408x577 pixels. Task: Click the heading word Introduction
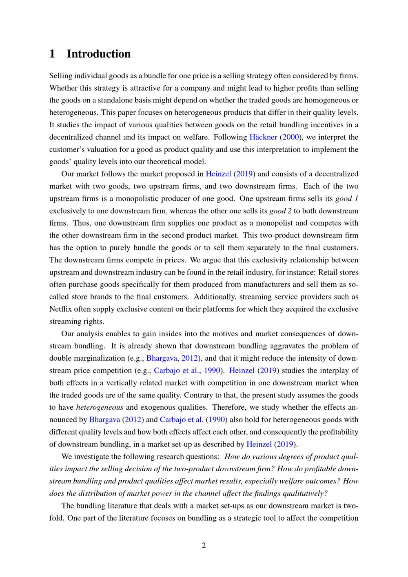point(99,54)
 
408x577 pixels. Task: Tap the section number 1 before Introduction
point(52,54)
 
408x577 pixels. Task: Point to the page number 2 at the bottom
point(204,545)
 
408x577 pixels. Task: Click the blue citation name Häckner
point(263,137)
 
